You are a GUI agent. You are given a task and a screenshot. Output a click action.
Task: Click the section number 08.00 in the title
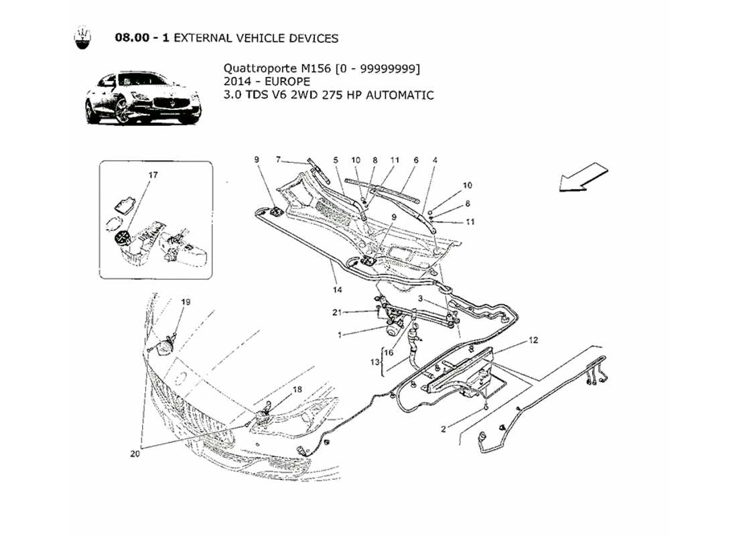132,38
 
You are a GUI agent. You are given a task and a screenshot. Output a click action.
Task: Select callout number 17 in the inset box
153,175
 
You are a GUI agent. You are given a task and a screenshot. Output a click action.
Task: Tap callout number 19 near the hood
186,302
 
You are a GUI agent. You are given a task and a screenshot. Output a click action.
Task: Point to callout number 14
337,290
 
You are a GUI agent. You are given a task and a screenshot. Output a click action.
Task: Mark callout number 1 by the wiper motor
340,334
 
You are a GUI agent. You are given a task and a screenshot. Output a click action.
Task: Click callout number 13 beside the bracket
375,362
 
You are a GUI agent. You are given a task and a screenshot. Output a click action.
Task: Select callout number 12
533,341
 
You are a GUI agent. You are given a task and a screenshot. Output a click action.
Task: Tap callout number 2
443,429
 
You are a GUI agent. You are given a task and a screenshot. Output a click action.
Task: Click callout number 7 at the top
278,159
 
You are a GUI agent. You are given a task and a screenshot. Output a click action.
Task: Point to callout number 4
435,160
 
